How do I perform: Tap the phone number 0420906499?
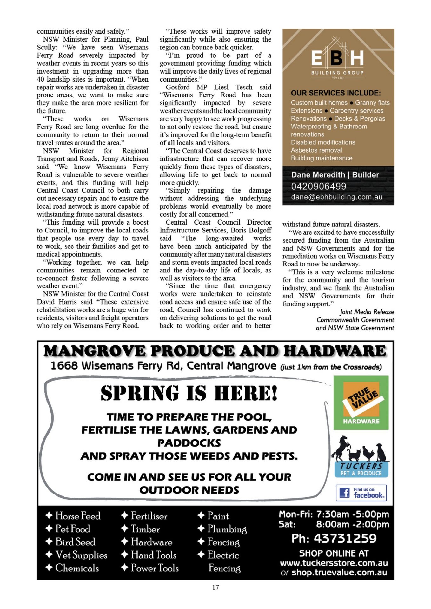coord(319,186)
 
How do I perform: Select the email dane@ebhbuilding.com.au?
coord(337,197)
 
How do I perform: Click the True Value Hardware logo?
coord(361,402)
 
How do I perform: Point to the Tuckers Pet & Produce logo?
coord(361,457)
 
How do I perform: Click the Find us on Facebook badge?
coord(361,493)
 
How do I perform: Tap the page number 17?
coord(215,587)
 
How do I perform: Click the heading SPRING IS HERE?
coord(189,393)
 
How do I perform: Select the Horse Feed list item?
coord(78,516)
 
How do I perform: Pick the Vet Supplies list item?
coord(81,555)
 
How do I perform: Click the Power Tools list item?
coord(155,568)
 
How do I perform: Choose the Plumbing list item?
coord(227,529)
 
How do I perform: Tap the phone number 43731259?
coord(345,538)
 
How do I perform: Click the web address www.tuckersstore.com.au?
coord(334,563)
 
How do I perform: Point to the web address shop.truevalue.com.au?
coord(339,573)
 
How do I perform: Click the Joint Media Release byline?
coord(367,312)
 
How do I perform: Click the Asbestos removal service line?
coord(316,150)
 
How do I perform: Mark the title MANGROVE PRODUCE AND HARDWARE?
coord(215,351)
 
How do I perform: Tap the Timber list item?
coord(145,529)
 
